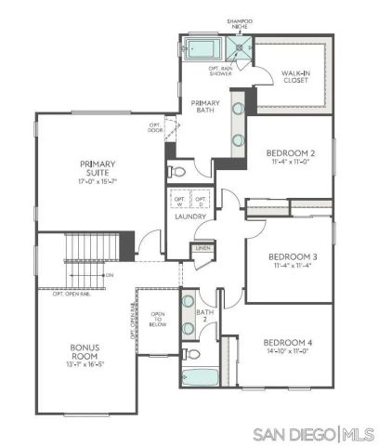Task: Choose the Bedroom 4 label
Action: [288, 343]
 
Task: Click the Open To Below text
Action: [158, 319]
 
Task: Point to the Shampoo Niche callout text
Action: [240, 23]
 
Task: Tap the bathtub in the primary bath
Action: [202, 47]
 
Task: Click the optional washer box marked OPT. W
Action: [179, 200]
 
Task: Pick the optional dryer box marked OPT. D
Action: [201, 200]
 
